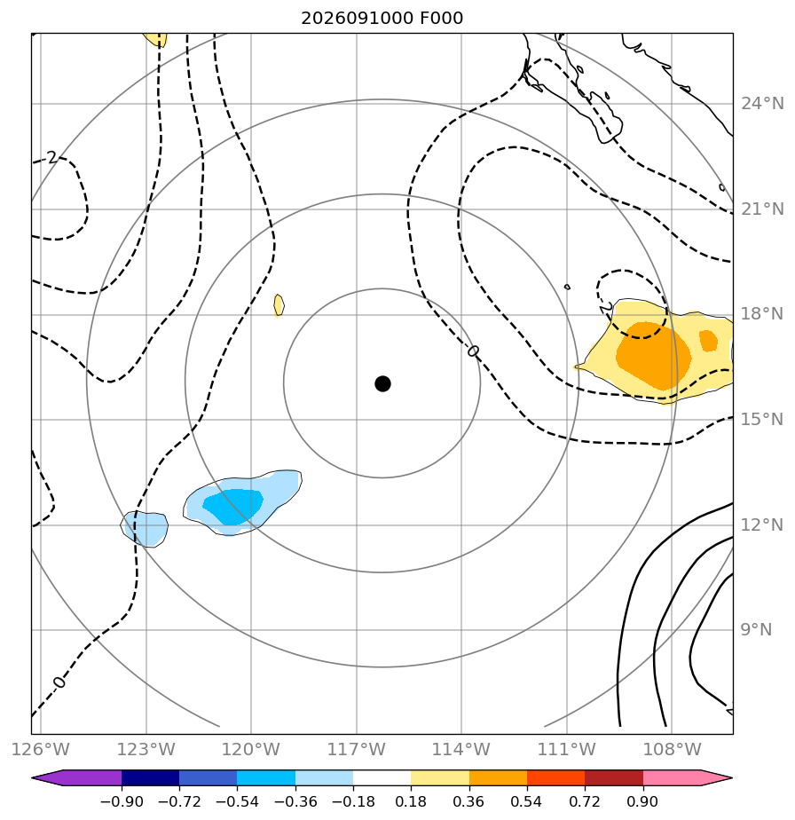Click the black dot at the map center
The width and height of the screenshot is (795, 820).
click(382, 383)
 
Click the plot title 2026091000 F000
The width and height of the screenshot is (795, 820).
click(382, 19)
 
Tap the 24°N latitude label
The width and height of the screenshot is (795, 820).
click(762, 104)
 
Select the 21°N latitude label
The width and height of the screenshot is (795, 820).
click(762, 209)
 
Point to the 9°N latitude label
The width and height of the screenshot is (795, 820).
click(756, 630)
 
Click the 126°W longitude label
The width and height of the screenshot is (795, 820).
click(40, 749)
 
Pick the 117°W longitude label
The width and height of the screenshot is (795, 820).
click(356, 749)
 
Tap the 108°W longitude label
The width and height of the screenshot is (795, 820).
click(672, 749)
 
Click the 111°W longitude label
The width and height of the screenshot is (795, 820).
click(566, 749)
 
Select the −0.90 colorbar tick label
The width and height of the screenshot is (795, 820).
click(122, 801)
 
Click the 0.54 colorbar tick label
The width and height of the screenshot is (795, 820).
click(527, 801)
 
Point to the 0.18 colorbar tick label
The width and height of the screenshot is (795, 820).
click(411, 801)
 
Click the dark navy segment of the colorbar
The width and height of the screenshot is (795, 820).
click(150, 777)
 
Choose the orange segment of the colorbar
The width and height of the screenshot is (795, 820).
click(498, 777)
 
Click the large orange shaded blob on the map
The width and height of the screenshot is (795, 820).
click(654, 356)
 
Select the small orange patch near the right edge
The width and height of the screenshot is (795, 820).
click(708, 341)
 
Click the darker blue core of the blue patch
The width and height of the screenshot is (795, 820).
click(233, 506)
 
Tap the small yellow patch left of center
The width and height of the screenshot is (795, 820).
click(279, 305)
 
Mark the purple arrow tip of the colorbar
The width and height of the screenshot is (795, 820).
click(33, 777)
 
